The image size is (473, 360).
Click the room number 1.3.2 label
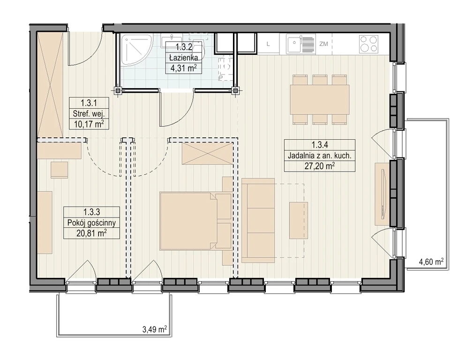click(x=184, y=47)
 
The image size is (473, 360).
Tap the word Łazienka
click(x=183, y=57)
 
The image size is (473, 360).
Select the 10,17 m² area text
click(x=89, y=124)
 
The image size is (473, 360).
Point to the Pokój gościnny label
click(x=91, y=223)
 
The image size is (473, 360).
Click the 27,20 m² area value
click(x=319, y=165)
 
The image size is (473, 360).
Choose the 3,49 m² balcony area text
click(x=155, y=329)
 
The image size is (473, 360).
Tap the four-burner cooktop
click(x=368, y=45)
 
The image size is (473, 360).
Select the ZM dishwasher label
click(x=323, y=44)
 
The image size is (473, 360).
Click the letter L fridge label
click(x=268, y=44)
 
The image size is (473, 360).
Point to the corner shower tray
click(x=136, y=50)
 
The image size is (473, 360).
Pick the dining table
click(x=319, y=99)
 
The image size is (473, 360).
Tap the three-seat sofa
click(x=258, y=220)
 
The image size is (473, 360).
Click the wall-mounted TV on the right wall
click(x=384, y=194)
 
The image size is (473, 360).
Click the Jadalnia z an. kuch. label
click(x=319, y=156)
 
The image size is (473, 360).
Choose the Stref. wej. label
click(x=89, y=114)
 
